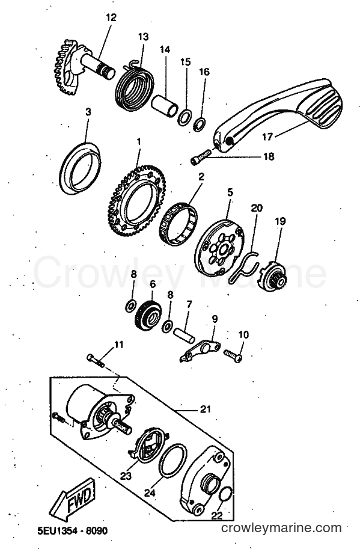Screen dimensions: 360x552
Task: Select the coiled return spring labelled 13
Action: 134,85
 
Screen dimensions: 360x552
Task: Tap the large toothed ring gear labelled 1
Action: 136,201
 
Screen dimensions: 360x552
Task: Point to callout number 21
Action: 205,409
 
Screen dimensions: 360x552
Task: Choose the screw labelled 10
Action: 233,355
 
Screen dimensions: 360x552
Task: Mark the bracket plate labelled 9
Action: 200,350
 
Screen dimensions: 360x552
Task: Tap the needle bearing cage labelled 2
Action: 178,223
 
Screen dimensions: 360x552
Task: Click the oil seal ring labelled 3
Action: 79,168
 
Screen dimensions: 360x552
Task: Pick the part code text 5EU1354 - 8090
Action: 73,531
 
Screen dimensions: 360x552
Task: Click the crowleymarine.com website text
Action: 281,528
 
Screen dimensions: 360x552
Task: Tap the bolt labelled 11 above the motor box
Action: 96,361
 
